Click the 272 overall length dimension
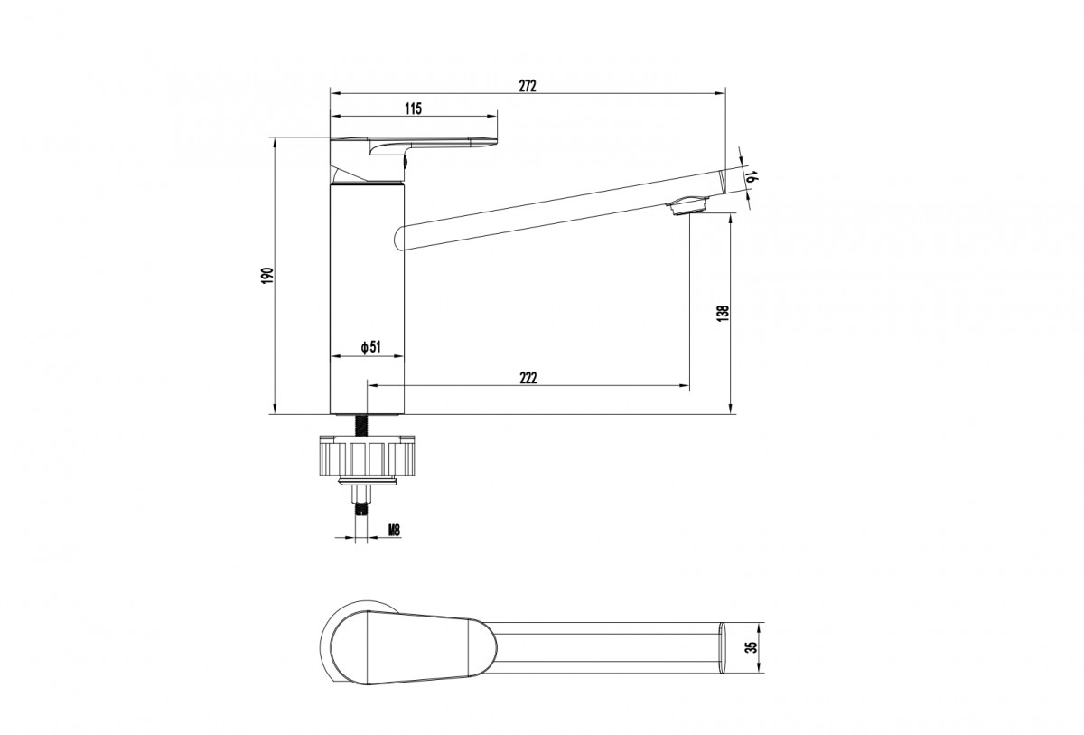pyautogui.click(x=528, y=85)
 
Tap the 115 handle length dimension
pyautogui.click(x=413, y=108)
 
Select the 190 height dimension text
pyautogui.click(x=267, y=275)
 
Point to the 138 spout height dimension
pyautogui.click(x=723, y=314)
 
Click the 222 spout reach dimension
pyautogui.click(x=528, y=377)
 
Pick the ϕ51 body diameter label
pyautogui.click(x=370, y=347)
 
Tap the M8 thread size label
pyautogui.click(x=395, y=530)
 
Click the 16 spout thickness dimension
pyautogui.click(x=751, y=176)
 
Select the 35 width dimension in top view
pyautogui.click(x=751, y=647)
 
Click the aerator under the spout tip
pyautogui.click(x=687, y=205)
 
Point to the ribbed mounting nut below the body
pyautogui.click(x=367, y=457)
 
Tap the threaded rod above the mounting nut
pyautogui.click(x=361, y=425)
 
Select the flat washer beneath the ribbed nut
pyautogui.click(x=367, y=481)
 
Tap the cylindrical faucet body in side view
pyautogui.click(x=367, y=298)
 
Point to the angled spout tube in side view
pyautogui.click(x=561, y=209)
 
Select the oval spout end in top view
pyautogui.click(x=723, y=647)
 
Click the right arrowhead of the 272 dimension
pyautogui.click(x=721, y=92)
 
